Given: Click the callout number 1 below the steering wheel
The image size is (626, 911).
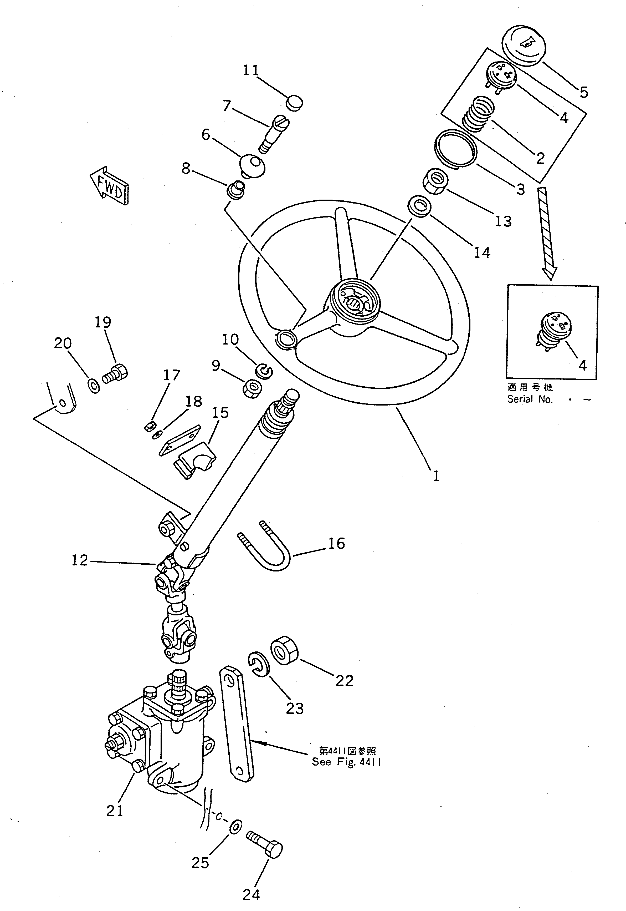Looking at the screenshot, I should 436,476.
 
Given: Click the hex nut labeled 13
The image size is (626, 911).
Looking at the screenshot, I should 436,182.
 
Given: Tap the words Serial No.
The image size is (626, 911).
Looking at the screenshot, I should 530,399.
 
